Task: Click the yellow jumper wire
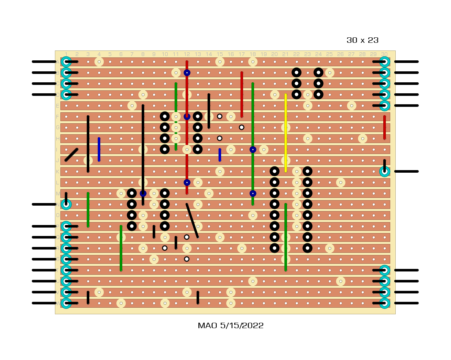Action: click(286, 133)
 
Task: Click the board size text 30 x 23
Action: click(362, 40)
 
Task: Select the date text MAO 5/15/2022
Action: click(231, 326)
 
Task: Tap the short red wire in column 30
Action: click(384, 127)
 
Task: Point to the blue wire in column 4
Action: click(99, 149)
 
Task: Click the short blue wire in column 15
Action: click(220, 155)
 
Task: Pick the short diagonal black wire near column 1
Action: click(71, 154)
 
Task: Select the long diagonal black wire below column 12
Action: click(192, 221)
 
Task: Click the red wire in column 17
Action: click(242, 94)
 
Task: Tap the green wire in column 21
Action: click(286, 237)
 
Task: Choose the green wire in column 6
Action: click(121, 248)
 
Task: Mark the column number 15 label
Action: click(220, 54)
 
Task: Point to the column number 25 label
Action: click(329, 54)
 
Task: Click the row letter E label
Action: click(57, 106)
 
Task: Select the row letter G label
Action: click(57, 128)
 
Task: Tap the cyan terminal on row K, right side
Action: click(384, 171)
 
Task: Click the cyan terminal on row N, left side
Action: click(66, 204)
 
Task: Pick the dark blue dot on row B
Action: click(187, 72)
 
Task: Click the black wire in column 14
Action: click(209, 111)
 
